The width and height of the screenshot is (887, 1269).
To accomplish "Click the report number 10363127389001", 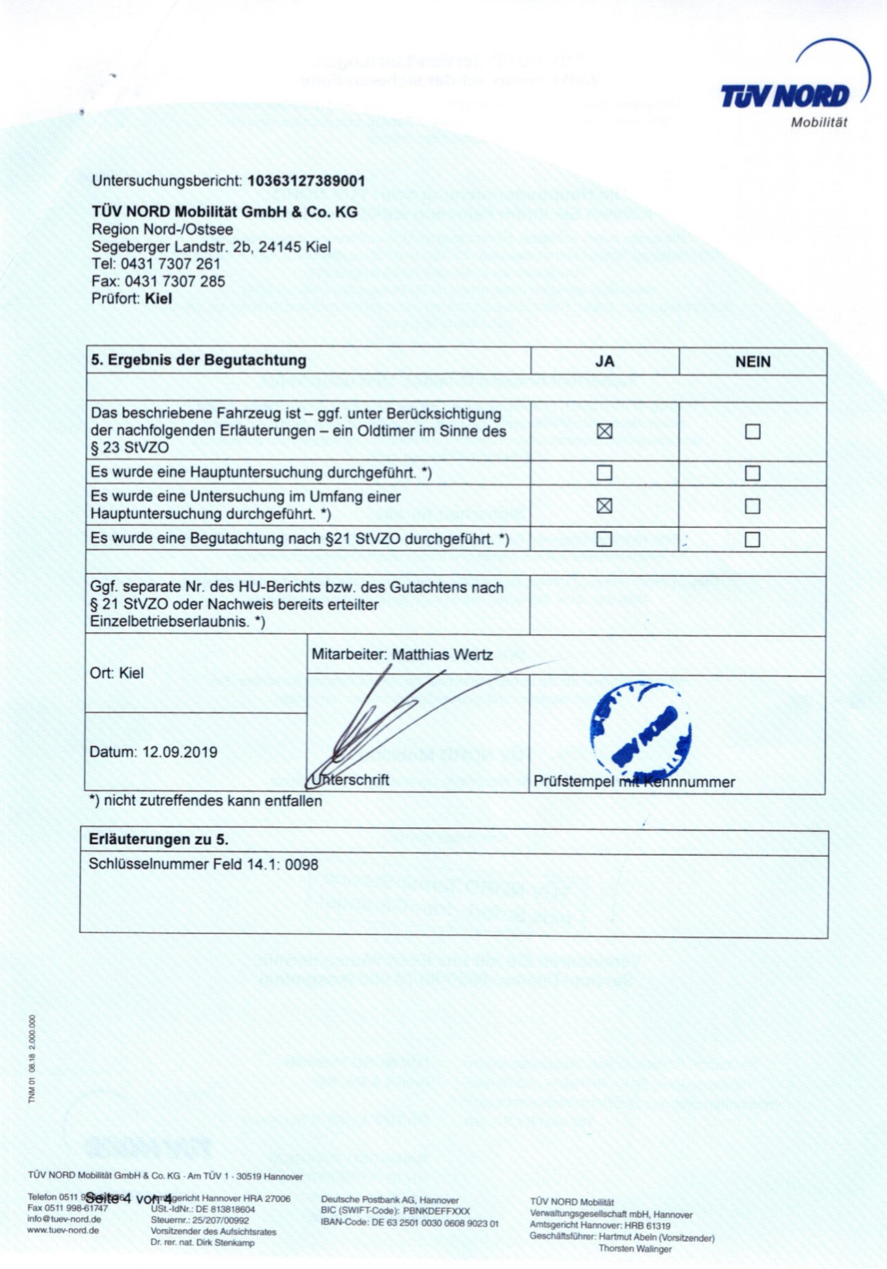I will pyautogui.click(x=306, y=181).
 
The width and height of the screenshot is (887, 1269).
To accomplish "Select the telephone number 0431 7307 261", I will pyautogui.click(x=171, y=264).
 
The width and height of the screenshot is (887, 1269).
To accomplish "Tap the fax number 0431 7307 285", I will pyautogui.click(x=173, y=281).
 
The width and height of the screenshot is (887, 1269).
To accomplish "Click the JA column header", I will pyautogui.click(x=605, y=361).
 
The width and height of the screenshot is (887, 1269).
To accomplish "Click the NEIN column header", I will pyautogui.click(x=753, y=361).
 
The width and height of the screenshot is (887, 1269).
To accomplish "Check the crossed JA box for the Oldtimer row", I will pyautogui.click(x=605, y=431).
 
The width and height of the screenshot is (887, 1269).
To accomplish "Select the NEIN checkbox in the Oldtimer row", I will pyautogui.click(x=753, y=432).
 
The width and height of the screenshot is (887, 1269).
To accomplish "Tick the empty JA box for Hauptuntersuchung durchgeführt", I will pyautogui.click(x=605, y=473).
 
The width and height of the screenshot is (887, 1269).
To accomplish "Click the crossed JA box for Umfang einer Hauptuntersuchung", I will pyautogui.click(x=605, y=506).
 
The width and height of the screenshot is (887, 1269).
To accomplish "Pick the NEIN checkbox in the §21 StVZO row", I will pyautogui.click(x=753, y=539).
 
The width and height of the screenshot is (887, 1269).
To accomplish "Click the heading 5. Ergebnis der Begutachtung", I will pyautogui.click(x=199, y=360).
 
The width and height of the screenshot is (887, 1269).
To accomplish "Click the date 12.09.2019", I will pyautogui.click(x=180, y=752).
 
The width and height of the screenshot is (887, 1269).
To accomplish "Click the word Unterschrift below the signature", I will pyautogui.click(x=351, y=780).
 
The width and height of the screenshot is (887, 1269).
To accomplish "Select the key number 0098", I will pyautogui.click(x=302, y=865).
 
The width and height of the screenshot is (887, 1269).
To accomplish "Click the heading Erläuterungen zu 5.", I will pyautogui.click(x=158, y=839).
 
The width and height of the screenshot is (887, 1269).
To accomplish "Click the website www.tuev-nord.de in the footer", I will pyautogui.click(x=64, y=1230).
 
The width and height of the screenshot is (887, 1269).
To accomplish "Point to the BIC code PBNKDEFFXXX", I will pyautogui.click(x=437, y=1211).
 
